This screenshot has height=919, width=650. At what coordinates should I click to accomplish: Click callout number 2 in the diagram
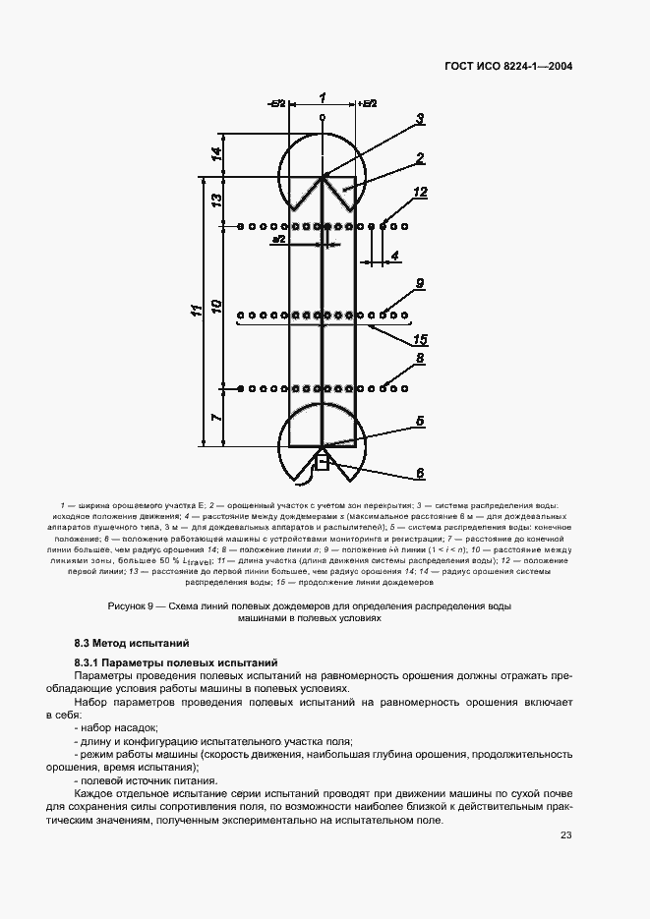[419, 157]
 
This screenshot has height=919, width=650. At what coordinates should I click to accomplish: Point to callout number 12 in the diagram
[420, 193]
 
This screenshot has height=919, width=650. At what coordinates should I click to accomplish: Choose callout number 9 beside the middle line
[419, 283]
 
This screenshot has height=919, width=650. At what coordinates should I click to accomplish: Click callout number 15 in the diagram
[420, 339]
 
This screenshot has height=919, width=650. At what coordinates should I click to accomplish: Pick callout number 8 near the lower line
[420, 359]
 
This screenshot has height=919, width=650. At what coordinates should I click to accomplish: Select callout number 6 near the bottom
[419, 473]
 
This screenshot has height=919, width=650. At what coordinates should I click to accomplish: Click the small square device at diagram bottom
[320, 464]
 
